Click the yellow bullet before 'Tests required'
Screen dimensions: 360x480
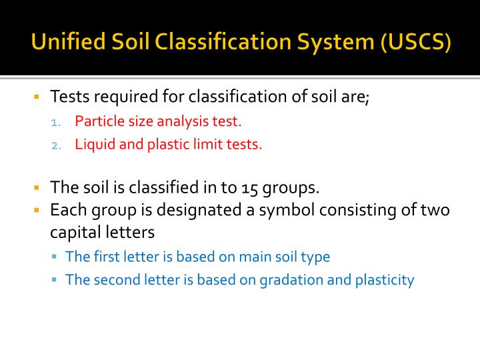(x=37, y=97)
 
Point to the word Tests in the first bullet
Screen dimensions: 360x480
(x=70, y=97)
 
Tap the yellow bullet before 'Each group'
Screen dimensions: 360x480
(x=37, y=211)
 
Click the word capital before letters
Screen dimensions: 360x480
(x=77, y=233)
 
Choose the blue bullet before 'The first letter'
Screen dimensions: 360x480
(x=55, y=257)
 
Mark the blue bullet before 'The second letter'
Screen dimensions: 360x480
(x=55, y=280)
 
